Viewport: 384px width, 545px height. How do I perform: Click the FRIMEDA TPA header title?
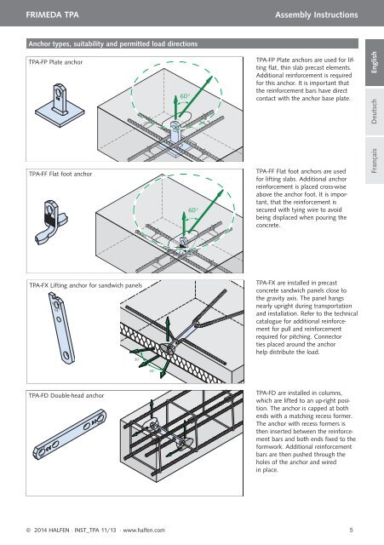tap(52, 15)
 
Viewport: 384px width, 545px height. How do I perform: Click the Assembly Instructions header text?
tap(316, 15)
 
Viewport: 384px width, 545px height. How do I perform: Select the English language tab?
tap(375, 62)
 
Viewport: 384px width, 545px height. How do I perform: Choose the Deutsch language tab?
tap(375, 112)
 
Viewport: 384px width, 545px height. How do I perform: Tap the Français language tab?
tap(375, 161)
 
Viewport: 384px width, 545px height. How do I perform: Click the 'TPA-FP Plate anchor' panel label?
tap(55, 62)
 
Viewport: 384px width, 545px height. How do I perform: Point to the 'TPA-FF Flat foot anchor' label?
tap(60, 174)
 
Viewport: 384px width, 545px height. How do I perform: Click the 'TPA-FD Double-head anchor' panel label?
tap(66, 395)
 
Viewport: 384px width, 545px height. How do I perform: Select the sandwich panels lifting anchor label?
tap(85, 285)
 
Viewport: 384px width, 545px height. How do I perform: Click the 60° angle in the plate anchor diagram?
tap(185, 96)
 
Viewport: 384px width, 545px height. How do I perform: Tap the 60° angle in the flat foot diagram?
tap(193, 210)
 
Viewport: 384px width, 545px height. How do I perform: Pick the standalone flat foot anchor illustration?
tap(51, 221)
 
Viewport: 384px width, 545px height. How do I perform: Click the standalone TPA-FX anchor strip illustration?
tap(61, 328)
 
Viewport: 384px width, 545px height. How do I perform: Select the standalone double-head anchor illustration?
tap(70, 434)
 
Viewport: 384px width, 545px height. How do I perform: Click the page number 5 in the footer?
tap(351, 530)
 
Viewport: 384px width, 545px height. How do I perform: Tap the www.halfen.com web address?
tap(144, 530)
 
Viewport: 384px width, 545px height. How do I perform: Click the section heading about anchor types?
tap(113, 43)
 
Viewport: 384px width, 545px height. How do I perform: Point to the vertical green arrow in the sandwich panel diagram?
tap(168, 330)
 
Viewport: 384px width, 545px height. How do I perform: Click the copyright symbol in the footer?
tap(28, 530)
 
